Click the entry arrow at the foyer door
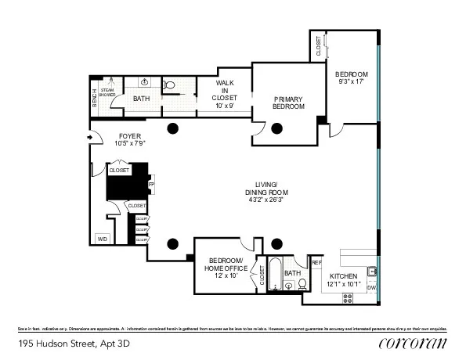90,139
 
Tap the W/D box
102,238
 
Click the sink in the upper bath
145,81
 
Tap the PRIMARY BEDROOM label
288,103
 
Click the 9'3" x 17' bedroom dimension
352,81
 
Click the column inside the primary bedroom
276,129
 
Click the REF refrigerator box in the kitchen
316,264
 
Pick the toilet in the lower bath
302,284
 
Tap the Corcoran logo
412,343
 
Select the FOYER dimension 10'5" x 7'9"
108,143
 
